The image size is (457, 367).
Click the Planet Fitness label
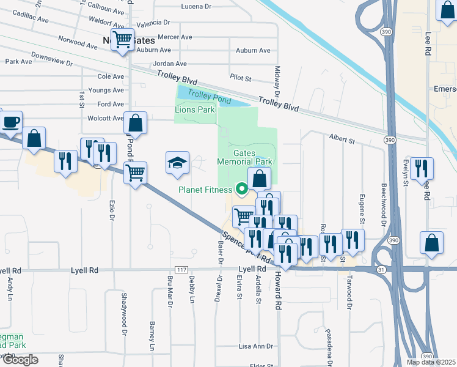tap(205, 190)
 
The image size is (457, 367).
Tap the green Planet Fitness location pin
tap(242, 190)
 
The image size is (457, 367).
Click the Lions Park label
tap(195, 110)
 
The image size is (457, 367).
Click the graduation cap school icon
tap(177, 163)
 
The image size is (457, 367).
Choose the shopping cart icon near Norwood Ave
tap(123, 40)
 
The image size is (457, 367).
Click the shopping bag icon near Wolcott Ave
tap(136, 123)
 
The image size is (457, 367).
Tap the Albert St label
tap(342, 140)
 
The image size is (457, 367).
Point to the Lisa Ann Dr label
tap(255, 346)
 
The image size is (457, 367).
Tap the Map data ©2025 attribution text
tap(431, 362)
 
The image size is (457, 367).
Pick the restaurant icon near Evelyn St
tap(422, 168)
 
